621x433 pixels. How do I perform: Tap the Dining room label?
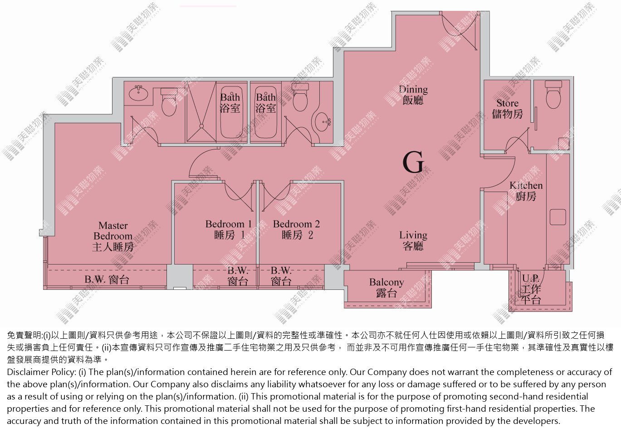[413, 95]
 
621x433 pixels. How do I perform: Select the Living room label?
[413, 241]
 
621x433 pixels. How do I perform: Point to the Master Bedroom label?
[113, 236]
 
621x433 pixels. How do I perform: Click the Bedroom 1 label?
[229, 230]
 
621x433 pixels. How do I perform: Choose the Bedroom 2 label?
[297, 230]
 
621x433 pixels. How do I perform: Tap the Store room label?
[507, 109]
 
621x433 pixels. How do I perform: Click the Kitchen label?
[526, 191]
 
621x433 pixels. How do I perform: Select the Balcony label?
[386, 288]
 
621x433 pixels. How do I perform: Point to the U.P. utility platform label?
[531, 289]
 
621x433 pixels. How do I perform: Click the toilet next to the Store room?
[553, 94]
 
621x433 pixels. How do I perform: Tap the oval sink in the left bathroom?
[139, 93]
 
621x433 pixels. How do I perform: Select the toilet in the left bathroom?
[169, 102]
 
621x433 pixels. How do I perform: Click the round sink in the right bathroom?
[323, 121]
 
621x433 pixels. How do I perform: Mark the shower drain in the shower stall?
[201, 126]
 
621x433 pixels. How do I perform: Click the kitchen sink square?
[558, 217]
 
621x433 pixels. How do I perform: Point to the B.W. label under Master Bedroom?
[107, 279]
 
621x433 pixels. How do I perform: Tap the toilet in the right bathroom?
[300, 97]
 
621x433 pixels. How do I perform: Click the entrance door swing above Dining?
[459, 31]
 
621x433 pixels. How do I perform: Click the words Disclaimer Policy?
[41, 372]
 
